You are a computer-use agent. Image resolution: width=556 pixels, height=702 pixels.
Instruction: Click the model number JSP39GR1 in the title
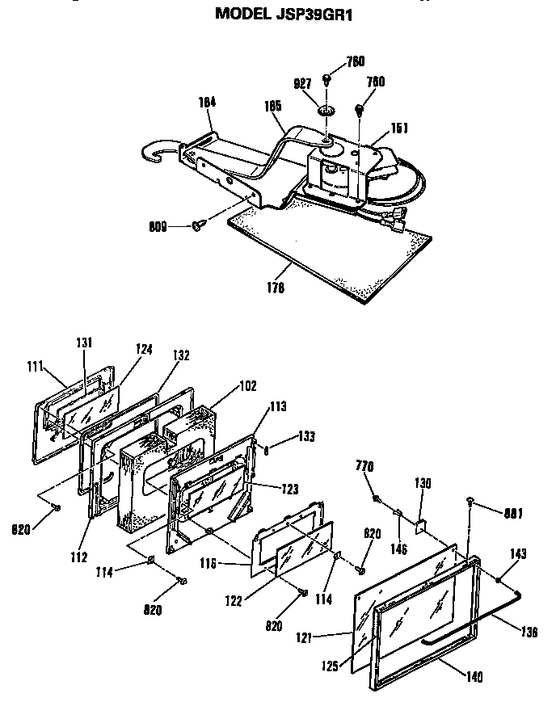pos(320,14)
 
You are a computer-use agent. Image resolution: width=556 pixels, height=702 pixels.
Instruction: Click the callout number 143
pos(516,554)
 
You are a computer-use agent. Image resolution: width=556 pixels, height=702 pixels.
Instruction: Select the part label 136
pos(529,633)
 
